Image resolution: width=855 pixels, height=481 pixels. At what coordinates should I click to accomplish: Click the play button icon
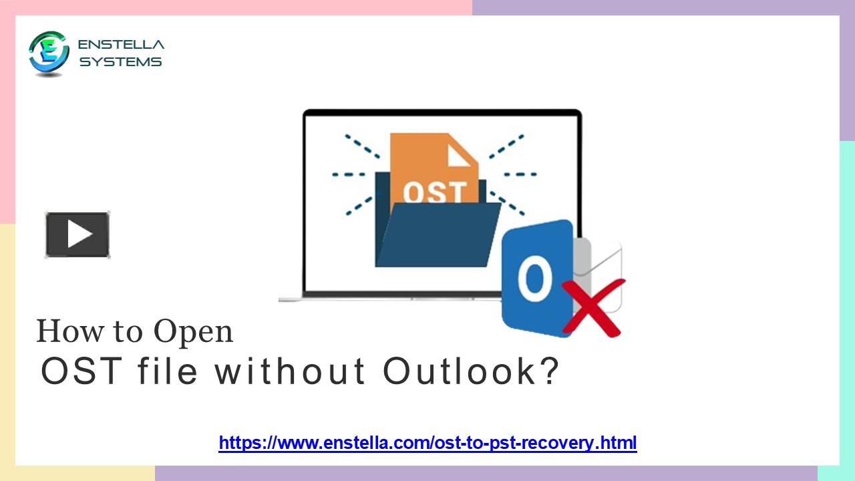point(77,234)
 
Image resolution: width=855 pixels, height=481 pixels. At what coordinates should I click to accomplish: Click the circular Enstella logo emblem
point(49,53)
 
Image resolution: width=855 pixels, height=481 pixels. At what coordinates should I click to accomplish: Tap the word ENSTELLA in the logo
point(121,45)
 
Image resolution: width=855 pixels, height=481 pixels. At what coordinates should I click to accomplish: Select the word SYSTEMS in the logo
point(121,62)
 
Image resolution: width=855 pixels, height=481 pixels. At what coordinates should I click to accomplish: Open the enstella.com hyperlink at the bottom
point(427,442)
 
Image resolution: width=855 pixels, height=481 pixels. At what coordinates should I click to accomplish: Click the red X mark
point(593,307)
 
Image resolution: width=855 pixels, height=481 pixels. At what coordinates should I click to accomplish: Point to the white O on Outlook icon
point(534,280)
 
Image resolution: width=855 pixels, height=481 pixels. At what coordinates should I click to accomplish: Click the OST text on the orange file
point(434,192)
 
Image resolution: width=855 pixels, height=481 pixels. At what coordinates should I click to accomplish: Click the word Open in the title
point(193,332)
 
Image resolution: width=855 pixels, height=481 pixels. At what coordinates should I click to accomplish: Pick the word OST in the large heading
point(81,372)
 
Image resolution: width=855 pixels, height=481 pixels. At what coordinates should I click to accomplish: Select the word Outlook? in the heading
point(470,372)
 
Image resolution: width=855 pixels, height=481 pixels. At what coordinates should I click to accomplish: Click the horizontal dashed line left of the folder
point(349,174)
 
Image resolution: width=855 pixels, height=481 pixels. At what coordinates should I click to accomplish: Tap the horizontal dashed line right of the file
point(520,174)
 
